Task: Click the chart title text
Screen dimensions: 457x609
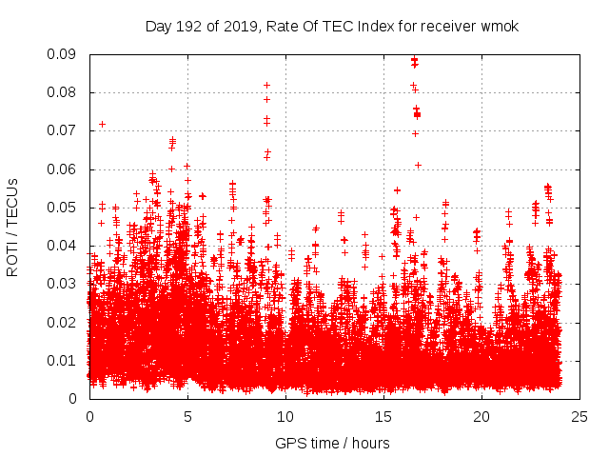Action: pyautogui.click(x=331, y=26)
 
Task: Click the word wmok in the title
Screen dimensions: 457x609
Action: pyautogui.click(x=499, y=26)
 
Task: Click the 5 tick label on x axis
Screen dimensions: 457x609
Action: pyautogui.click(x=187, y=416)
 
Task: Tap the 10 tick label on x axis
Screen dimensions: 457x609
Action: pyautogui.click(x=285, y=416)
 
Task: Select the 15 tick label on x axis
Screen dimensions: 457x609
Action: pyautogui.click(x=383, y=416)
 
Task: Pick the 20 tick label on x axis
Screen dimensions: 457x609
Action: pyautogui.click(x=481, y=416)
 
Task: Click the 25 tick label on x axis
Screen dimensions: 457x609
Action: pyautogui.click(x=580, y=416)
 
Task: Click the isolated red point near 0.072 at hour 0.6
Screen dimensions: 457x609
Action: pyautogui.click(x=102, y=124)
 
